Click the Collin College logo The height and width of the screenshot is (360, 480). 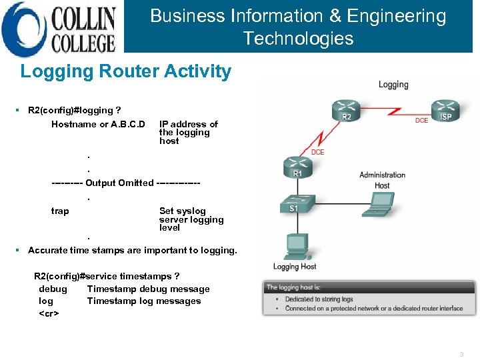(x=60, y=28)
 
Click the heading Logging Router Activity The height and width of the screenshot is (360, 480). (x=126, y=72)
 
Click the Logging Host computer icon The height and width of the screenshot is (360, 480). (x=294, y=247)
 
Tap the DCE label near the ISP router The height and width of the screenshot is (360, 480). (x=421, y=121)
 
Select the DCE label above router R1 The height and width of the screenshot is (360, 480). (x=317, y=152)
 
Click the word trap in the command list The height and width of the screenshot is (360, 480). (x=60, y=211)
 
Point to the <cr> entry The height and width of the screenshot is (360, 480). (x=49, y=313)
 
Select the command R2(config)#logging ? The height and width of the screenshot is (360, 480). (x=75, y=111)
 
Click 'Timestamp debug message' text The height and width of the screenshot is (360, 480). (x=148, y=289)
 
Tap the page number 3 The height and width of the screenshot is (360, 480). (x=461, y=354)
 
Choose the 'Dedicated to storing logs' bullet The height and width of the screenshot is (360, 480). (x=319, y=300)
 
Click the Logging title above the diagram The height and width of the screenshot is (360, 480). (x=393, y=85)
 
